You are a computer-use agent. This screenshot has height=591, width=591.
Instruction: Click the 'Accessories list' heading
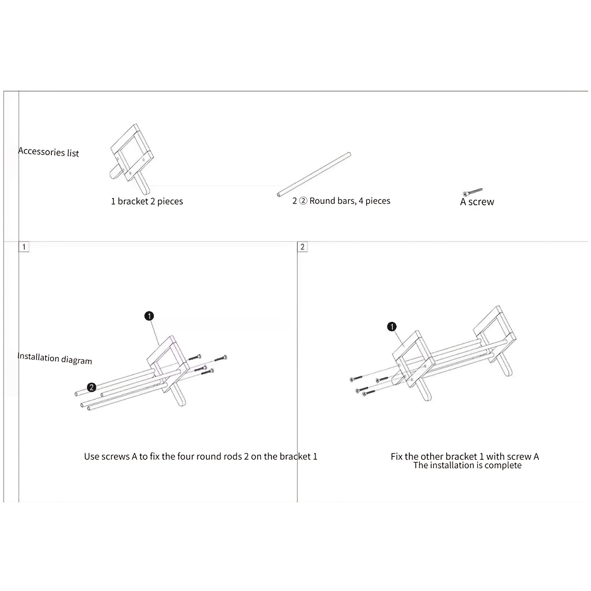[49, 152]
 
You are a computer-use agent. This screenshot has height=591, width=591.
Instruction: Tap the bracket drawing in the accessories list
[132, 158]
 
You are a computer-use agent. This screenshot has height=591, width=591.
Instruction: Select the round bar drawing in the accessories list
[314, 175]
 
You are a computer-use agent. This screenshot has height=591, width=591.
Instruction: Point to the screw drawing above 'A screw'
[473, 192]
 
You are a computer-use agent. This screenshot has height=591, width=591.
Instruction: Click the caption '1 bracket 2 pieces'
[147, 201]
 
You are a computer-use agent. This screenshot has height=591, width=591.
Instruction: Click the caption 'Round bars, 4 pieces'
[350, 201]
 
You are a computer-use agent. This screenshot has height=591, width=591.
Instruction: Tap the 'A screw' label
[477, 202]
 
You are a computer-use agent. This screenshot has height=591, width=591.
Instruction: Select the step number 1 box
[24, 247]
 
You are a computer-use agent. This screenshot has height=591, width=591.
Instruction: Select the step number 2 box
[302, 247]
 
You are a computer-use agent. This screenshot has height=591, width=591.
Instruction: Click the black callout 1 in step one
[149, 316]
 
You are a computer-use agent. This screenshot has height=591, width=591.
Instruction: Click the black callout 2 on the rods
[91, 387]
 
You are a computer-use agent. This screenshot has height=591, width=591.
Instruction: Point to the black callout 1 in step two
[392, 326]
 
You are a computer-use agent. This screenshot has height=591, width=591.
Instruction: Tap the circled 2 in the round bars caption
[303, 201]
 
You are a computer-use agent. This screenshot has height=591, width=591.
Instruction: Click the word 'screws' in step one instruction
[115, 456]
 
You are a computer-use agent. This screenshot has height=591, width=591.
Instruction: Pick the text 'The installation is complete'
[467, 466]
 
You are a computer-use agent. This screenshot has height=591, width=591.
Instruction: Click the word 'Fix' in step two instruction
[397, 456]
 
